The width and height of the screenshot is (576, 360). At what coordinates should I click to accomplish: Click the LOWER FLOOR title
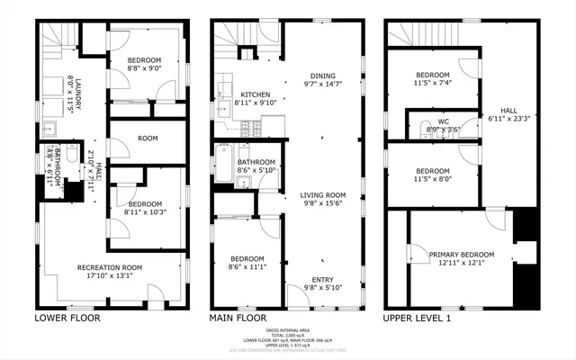67,318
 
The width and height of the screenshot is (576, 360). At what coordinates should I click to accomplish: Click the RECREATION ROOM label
110,267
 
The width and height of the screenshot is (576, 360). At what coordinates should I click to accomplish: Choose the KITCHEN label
256,94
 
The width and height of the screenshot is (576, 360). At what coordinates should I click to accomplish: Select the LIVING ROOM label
323,195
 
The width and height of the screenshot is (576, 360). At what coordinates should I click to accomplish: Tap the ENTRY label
322,280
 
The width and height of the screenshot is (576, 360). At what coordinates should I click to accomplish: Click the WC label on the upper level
444,121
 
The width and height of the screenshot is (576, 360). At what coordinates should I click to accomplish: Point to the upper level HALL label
508,110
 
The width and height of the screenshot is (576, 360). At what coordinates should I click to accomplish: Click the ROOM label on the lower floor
148,139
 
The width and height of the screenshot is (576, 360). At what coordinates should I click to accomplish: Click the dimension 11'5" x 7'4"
431,83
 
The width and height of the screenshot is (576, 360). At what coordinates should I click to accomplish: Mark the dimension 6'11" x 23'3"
508,118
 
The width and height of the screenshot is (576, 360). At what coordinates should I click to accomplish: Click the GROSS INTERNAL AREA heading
288,331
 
